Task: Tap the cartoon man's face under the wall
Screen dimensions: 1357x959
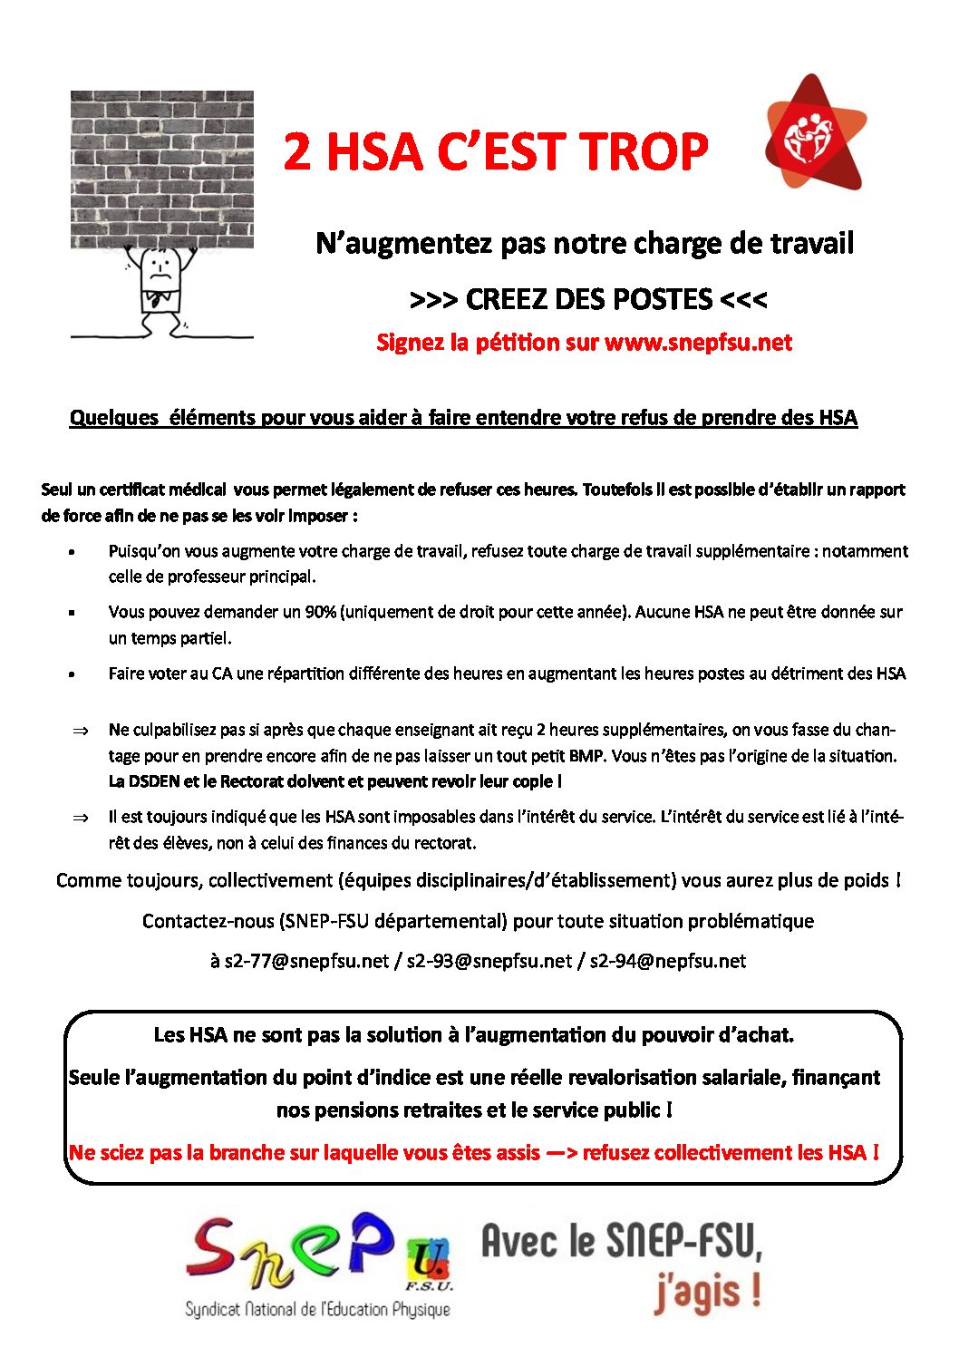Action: point(161,267)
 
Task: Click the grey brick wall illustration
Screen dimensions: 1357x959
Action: point(162,168)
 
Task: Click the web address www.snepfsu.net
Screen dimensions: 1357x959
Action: point(698,343)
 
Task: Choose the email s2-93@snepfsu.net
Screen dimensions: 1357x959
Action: point(489,961)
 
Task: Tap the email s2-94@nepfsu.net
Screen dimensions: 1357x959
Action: point(668,961)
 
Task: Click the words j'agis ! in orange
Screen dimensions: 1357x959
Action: point(707,1292)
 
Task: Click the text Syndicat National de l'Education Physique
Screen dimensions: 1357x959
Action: point(317,1309)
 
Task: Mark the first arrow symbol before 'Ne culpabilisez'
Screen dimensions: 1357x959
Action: point(80,731)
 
